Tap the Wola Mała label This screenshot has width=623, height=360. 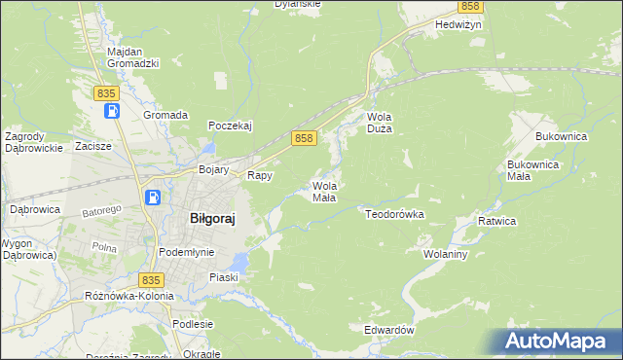[x=324, y=192]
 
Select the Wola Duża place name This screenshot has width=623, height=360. [x=379, y=123]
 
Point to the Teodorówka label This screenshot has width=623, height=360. [x=394, y=212]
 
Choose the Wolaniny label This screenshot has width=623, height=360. [x=447, y=254]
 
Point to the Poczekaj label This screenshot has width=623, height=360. [x=231, y=126]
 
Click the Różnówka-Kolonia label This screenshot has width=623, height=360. [x=128, y=295]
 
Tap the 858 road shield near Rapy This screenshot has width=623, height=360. [x=304, y=139]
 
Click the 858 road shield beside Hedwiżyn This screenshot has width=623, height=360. [x=497, y=6]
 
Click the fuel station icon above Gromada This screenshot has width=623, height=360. [x=112, y=110]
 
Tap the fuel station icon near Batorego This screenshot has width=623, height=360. [x=153, y=198]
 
